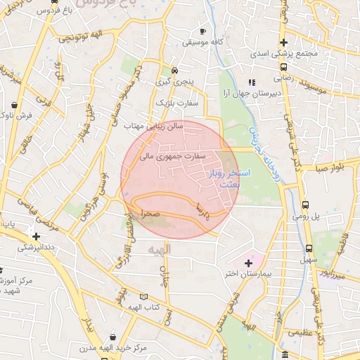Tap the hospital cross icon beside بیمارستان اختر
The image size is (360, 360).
[247, 263]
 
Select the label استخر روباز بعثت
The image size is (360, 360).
[224, 178]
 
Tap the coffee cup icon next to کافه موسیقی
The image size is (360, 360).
[203, 32]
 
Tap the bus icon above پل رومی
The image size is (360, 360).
[305, 205]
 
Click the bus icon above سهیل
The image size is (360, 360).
[309, 248]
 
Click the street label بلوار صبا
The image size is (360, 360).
[330, 169]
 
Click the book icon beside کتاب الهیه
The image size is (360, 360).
[143, 297]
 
